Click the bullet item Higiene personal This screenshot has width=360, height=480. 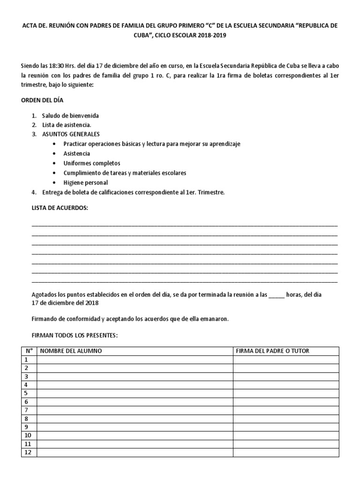[x=85, y=182]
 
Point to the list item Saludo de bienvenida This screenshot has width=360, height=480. [x=70, y=115]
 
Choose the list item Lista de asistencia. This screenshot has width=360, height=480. [x=66, y=125]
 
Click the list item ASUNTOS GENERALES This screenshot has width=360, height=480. [x=70, y=134]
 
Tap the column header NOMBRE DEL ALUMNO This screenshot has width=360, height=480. [x=70, y=351]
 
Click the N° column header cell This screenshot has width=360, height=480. [x=29, y=351]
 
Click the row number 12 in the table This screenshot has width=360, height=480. [x=28, y=452]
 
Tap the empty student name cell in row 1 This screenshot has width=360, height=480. [x=135, y=360]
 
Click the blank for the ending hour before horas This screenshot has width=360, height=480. [x=277, y=295]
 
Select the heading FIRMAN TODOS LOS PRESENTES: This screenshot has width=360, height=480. [x=74, y=336]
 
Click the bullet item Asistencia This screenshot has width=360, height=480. [x=77, y=153]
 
